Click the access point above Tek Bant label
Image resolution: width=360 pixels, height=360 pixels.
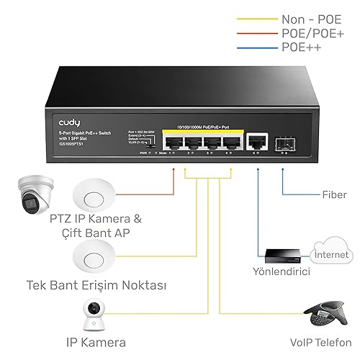(x=94, y=256)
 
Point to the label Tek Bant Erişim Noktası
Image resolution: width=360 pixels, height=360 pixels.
(x=96, y=285)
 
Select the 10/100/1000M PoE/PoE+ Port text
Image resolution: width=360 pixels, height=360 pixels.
(x=204, y=125)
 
